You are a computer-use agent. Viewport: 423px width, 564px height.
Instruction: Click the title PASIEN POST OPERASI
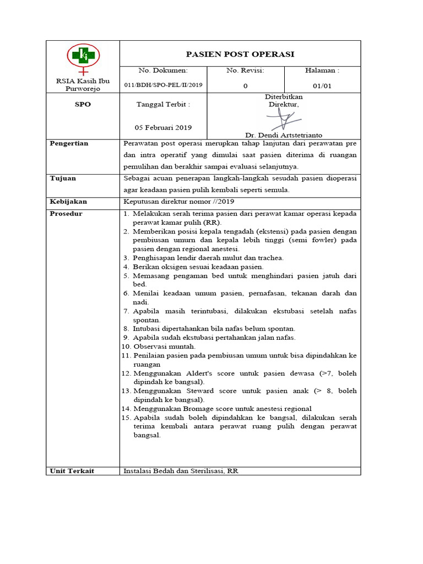[240, 54]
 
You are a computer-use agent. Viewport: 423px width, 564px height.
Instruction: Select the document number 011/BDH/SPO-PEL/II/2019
[163, 86]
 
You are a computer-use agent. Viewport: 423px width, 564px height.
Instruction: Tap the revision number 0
[245, 86]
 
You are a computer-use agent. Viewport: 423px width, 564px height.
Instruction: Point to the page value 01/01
[322, 86]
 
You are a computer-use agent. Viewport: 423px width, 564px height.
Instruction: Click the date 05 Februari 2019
[163, 127]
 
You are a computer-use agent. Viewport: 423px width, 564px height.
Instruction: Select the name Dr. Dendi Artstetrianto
[284, 135]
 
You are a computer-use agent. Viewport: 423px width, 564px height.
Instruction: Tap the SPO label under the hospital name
[83, 104]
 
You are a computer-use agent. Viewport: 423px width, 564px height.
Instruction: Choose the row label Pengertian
[69, 143]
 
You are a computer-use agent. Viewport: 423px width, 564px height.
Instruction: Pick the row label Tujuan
[63, 178]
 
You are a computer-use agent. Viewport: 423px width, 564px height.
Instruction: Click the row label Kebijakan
[69, 202]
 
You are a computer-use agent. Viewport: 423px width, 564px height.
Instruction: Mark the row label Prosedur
[66, 214]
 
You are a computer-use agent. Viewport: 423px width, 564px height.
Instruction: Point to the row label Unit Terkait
[72, 471]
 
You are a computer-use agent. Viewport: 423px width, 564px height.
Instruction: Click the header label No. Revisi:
[245, 70]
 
